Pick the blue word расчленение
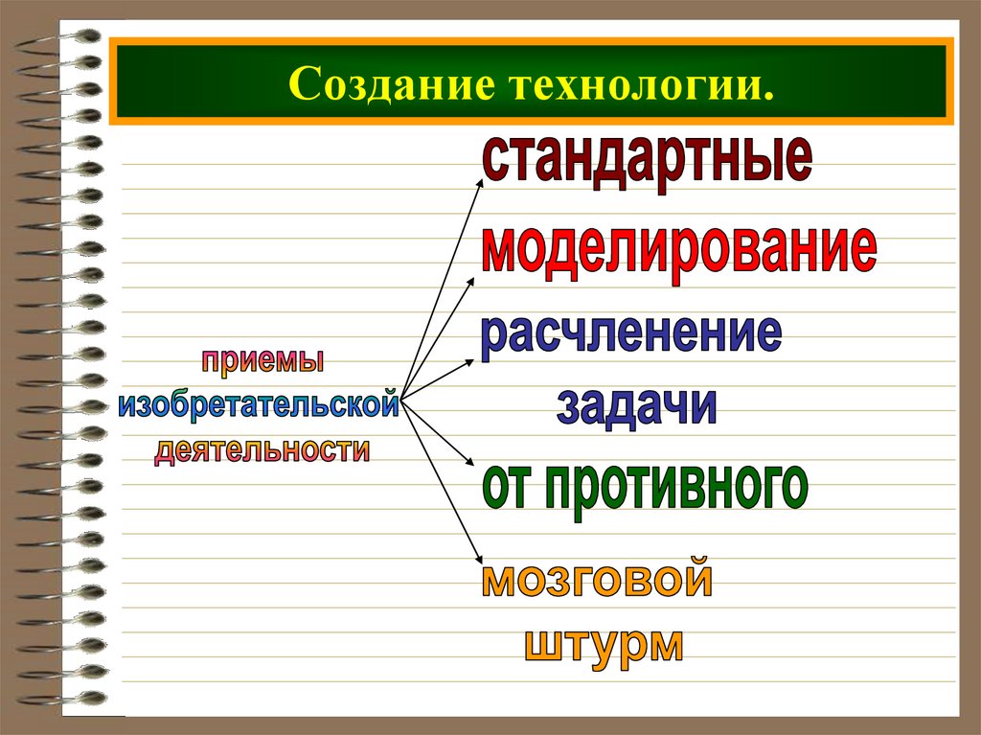[630, 334]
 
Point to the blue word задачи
[636, 405]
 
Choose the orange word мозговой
[597, 581]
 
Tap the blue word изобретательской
[258, 404]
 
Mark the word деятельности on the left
[262, 448]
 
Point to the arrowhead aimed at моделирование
[471, 281]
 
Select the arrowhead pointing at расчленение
[469, 361]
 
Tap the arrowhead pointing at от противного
[470, 466]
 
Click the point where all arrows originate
[399, 398]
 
